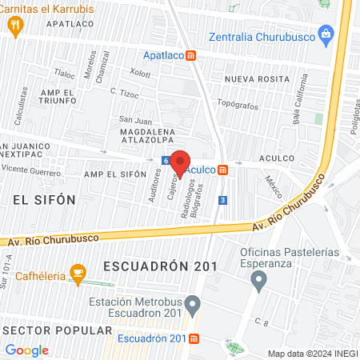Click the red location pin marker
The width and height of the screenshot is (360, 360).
[180, 162]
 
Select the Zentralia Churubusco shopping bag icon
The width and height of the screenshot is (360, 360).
[326, 34]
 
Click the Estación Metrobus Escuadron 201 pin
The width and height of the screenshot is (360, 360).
[191, 303]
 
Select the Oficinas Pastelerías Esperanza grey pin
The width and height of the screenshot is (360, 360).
[258, 281]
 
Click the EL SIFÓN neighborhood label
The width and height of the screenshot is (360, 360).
[43, 198]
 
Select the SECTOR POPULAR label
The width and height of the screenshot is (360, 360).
[57, 330]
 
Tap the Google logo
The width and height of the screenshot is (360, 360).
[27, 350]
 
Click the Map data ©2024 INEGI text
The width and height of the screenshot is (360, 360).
[311, 353]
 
